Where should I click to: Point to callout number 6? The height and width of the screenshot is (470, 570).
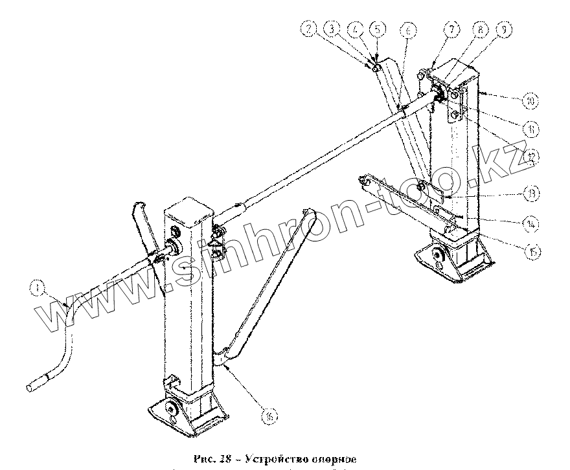tap(407, 30)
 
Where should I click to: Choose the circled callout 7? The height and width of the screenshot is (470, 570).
tap(451, 29)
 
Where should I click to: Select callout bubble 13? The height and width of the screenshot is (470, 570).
tap(532, 192)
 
